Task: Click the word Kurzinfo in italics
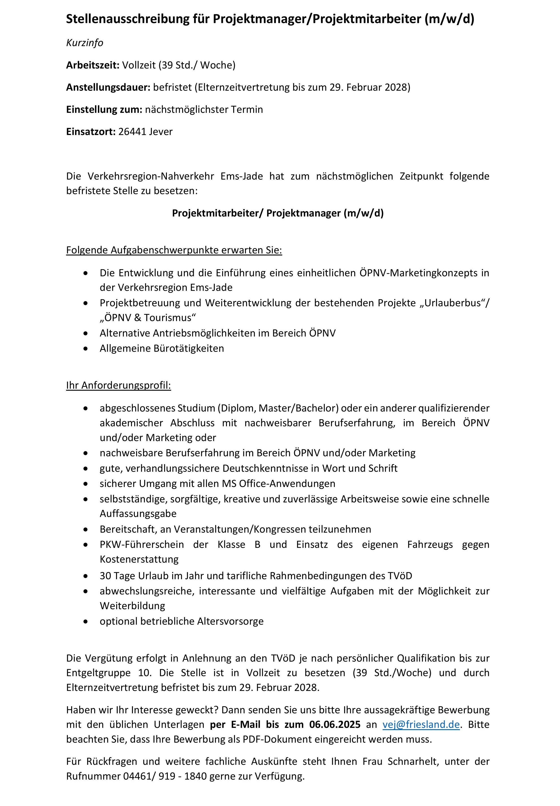[85, 43]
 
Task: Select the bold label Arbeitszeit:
[93, 65]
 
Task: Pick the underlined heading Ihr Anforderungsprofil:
[118, 386]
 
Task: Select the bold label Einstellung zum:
[104, 109]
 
